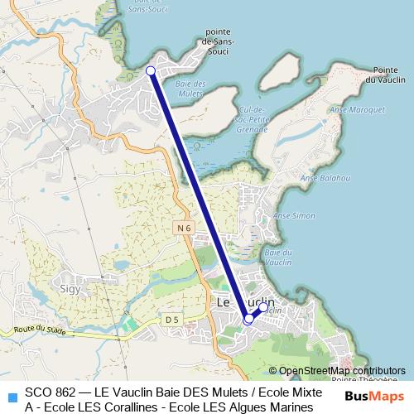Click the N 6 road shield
tap(184, 226)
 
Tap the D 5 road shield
tap(171, 319)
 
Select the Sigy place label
tap(70, 289)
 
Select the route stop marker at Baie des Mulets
tap(151, 71)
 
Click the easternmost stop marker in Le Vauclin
tap(263, 307)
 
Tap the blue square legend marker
tap(11, 396)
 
